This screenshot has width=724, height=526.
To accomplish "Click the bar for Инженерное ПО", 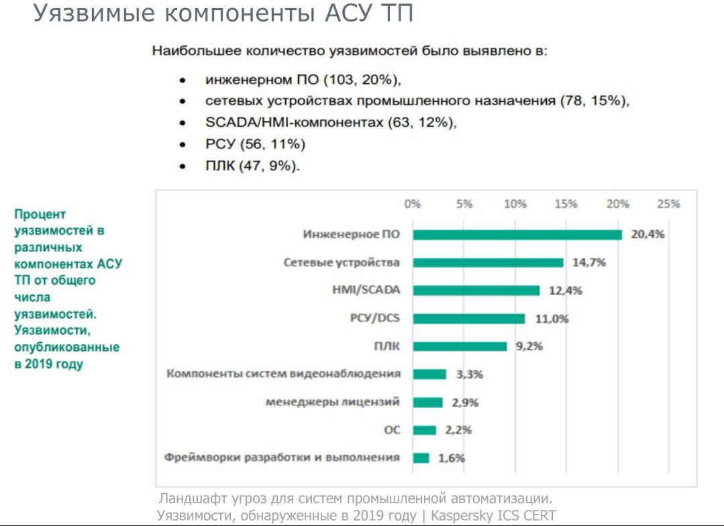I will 517,235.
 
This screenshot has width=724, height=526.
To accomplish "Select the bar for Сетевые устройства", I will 488,262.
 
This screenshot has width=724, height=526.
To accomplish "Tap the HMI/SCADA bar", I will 476,291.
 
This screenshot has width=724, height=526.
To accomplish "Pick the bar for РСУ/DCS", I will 469,319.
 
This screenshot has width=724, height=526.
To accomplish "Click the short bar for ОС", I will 424,430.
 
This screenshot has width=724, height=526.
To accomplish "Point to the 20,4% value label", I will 648,235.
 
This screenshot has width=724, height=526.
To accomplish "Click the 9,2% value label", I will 529,347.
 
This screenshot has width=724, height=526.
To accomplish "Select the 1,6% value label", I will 452,458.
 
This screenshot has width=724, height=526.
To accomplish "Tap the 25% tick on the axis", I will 669,205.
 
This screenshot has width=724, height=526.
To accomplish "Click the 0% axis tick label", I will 412,205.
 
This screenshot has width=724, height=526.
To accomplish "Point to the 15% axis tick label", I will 566,205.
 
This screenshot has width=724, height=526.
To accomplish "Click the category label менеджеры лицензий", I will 333,402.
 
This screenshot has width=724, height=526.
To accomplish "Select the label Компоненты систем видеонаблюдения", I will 284,374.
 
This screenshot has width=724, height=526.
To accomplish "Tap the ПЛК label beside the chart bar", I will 386,346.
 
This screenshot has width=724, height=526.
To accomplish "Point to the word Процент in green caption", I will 40,214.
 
